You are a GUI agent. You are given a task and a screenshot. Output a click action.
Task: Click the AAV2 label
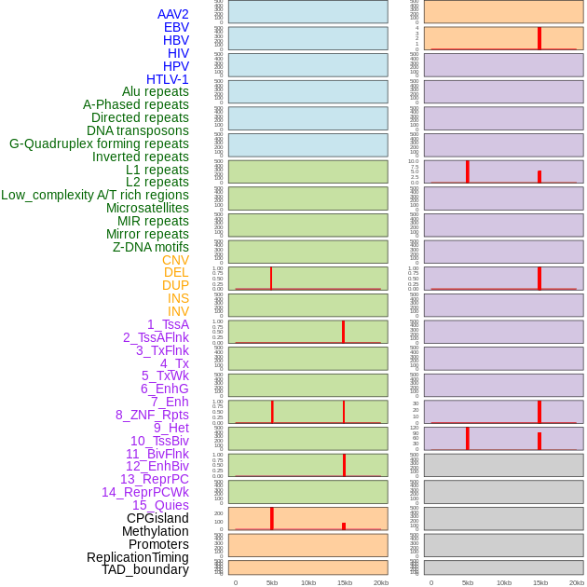point(172,14)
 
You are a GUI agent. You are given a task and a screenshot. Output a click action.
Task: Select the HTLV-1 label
point(167,79)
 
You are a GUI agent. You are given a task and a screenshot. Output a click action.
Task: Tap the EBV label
point(176,27)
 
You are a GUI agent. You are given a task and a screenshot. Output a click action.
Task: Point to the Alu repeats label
point(155,91)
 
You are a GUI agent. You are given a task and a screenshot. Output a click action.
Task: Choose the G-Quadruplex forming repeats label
point(99,143)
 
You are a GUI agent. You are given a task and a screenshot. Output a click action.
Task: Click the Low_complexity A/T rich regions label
point(95,195)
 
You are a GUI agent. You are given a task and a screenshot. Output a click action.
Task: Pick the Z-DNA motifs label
point(150,247)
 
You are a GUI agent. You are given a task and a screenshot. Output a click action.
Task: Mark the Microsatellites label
point(147,208)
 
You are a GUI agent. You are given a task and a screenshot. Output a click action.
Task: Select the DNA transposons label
point(138,130)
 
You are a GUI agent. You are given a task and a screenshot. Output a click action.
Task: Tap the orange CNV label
point(175,260)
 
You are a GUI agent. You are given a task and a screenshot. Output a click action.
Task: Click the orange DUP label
point(175,285)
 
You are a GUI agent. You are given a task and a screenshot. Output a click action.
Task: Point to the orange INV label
point(178,311)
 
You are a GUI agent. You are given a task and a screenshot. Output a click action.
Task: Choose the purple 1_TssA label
point(168,324)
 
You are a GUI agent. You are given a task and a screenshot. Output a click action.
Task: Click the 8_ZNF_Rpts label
point(152,415)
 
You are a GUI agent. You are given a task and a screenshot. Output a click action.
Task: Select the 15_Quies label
point(160,505)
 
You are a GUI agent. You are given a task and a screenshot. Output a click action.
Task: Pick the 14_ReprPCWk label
point(144,492)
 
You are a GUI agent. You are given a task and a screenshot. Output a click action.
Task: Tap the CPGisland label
point(157,518)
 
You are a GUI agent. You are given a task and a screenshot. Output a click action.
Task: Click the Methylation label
point(155,531)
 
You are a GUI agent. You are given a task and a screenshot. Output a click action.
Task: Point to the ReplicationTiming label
point(137,557)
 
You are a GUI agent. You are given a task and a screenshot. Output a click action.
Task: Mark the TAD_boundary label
point(144,569)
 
